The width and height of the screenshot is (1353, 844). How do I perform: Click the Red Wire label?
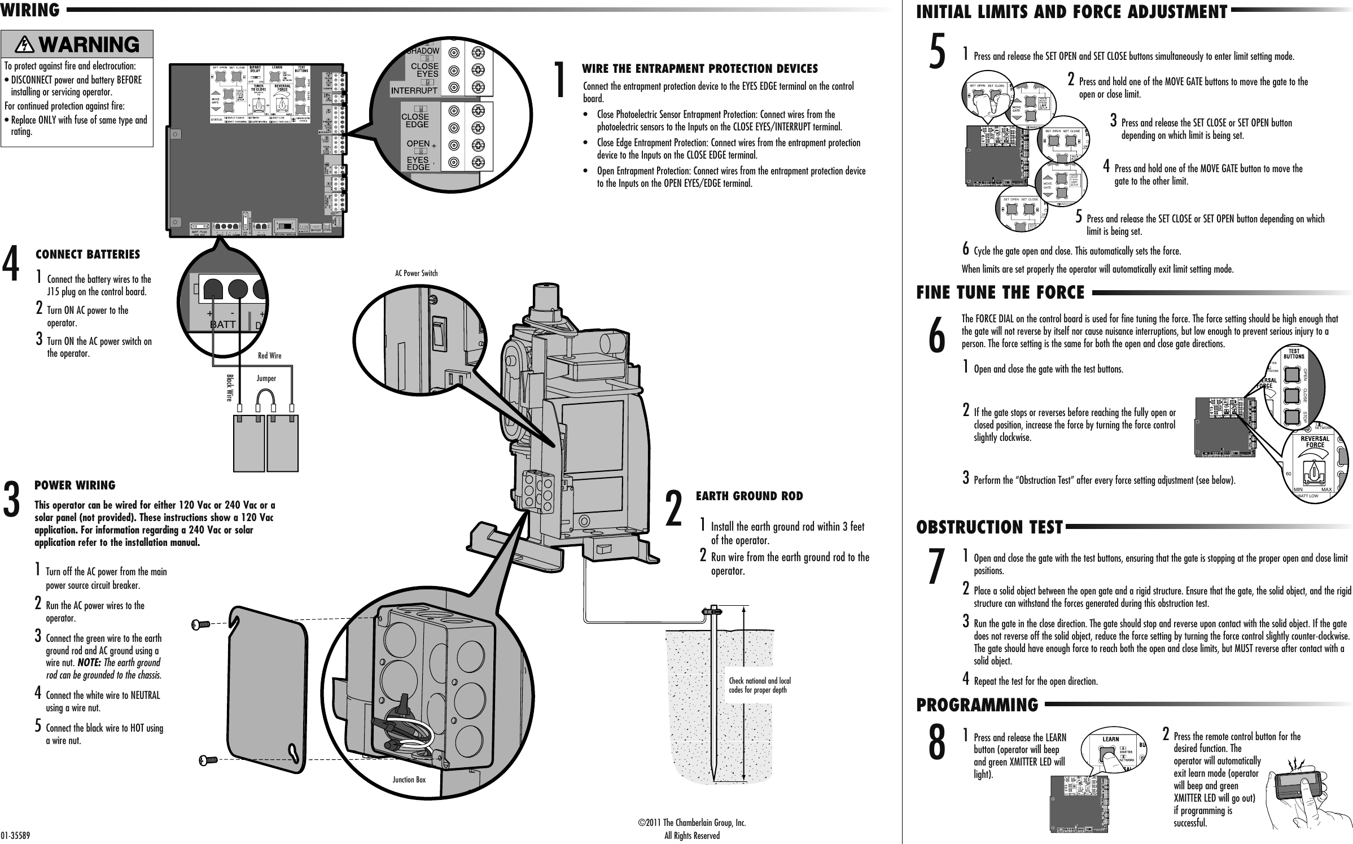click(x=269, y=356)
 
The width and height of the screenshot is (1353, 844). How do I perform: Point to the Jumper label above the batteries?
click(x=266, y=378)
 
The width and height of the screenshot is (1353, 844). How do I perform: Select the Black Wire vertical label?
click(x=229, y=387)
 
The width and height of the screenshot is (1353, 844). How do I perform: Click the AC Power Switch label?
click(x=416, y=273)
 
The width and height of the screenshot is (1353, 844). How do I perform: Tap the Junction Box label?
click(x=409, y=780)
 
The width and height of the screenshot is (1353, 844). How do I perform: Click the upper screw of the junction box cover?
click(x=201, y=624)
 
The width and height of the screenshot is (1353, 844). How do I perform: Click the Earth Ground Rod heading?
click(x=749, y=496)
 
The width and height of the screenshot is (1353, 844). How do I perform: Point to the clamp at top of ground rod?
click(x=712, y=611)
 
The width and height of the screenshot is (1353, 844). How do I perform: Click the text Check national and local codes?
click(x=760, y=685)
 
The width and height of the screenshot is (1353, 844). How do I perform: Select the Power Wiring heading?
click(x=75, y=486)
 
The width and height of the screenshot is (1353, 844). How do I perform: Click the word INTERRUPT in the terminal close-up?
click(x=415, y=90)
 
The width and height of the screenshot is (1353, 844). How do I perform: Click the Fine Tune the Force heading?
click(x=1000, y=292)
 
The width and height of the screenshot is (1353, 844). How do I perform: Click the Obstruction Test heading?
click(x=989, y=527)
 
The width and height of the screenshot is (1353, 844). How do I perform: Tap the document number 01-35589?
click(x=15, y=836)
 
